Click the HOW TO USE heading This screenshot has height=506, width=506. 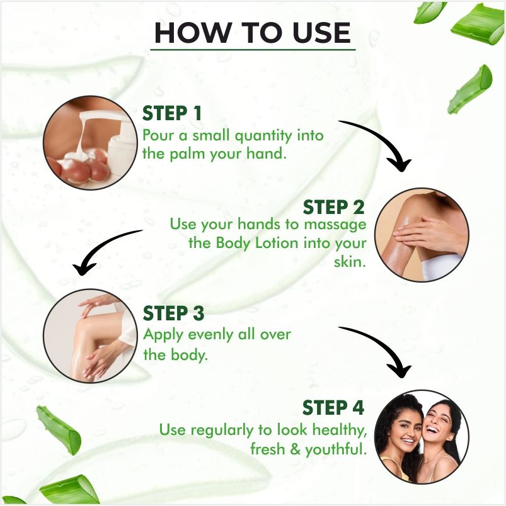[253, 33]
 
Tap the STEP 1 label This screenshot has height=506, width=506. [172, 113]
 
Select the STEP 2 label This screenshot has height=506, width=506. [333, 207]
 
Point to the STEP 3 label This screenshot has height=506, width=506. [173, 313]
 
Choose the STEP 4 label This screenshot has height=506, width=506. [333, 407]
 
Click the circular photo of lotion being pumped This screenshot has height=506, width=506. [91, 143]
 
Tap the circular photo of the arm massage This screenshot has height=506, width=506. [422, 235]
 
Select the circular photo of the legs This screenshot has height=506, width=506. [91, 335]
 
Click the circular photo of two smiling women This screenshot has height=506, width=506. [422, 437]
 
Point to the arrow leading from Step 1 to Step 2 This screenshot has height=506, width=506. [384, 135]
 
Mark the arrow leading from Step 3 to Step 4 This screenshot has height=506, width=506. [384, 342]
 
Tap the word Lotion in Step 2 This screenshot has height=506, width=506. [276, 243]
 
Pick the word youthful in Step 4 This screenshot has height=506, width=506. [336, 449]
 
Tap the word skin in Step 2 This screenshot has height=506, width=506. [350, 261]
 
